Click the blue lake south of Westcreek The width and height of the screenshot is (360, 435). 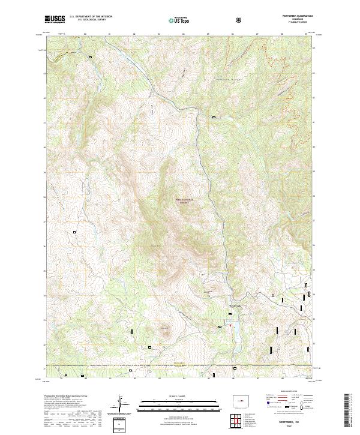click(235, 327)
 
